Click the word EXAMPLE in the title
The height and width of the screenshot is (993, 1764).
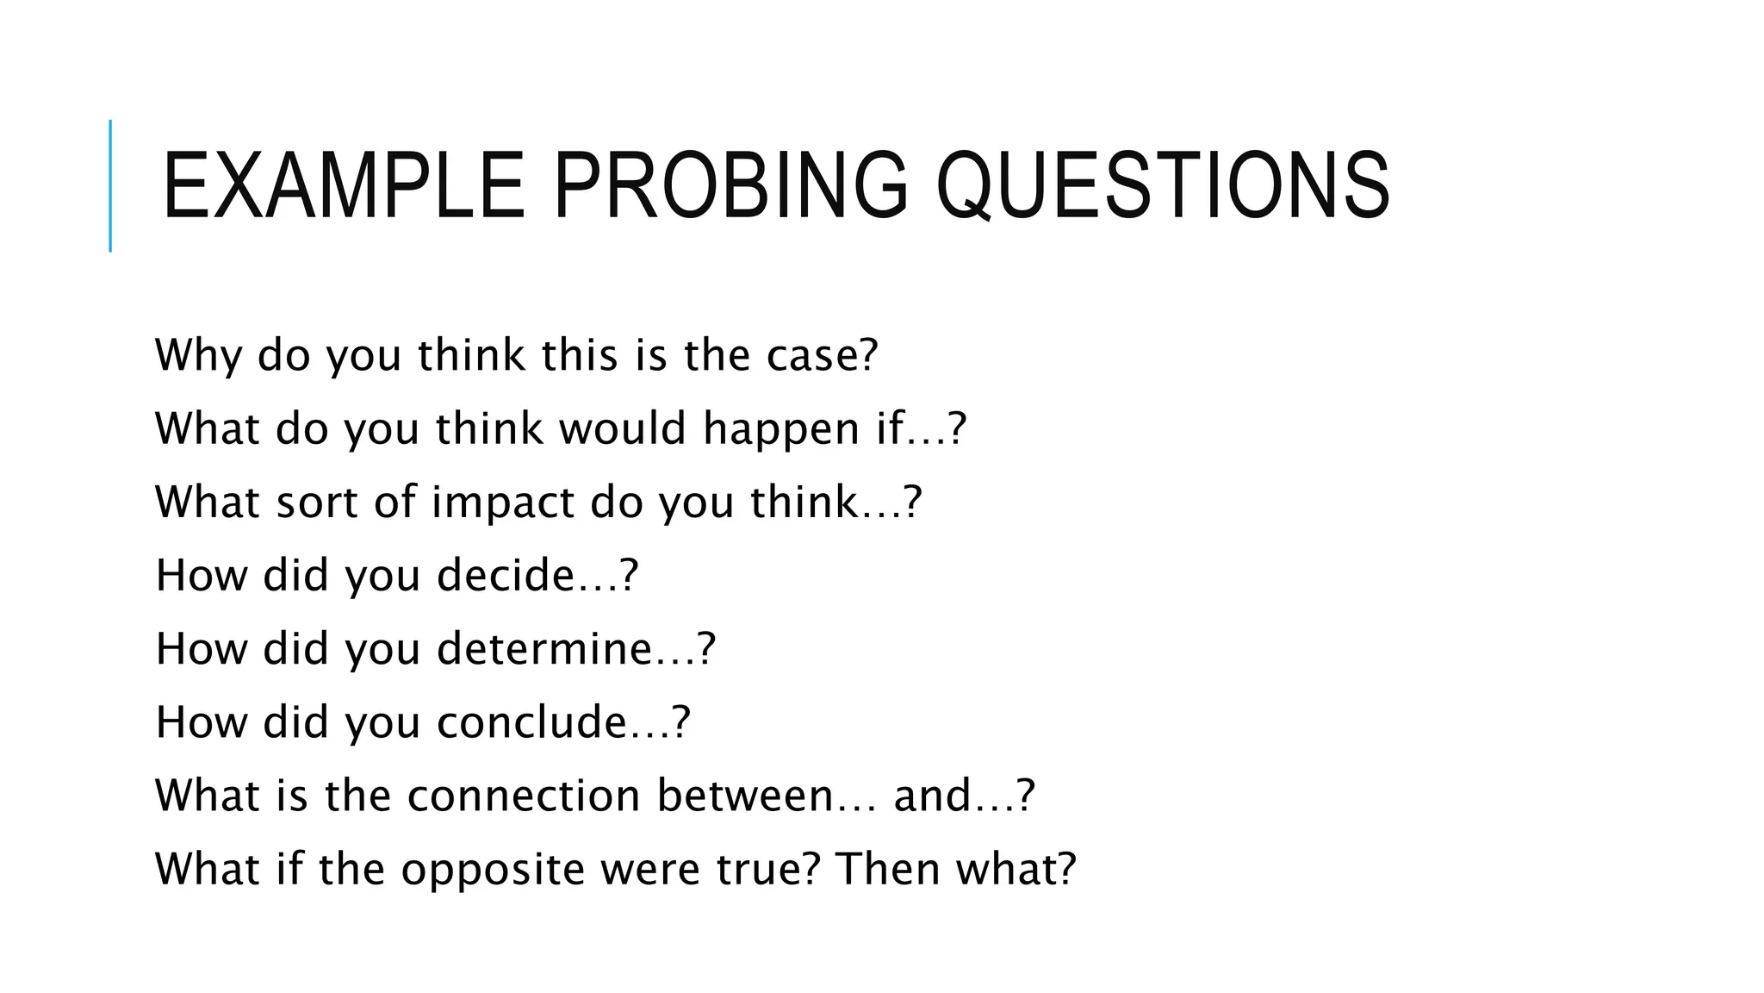coord(343,186)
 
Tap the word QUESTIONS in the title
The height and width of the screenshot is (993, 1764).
coord(1163,186)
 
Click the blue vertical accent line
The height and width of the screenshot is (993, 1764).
coord(110,186)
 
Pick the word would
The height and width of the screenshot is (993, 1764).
coord(622,428)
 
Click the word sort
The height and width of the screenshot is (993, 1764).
coord(316,502)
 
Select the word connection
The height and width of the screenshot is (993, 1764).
coord(524,795)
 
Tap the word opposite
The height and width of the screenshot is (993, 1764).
coord(493,869)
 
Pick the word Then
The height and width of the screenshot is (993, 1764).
coord(887,868)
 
